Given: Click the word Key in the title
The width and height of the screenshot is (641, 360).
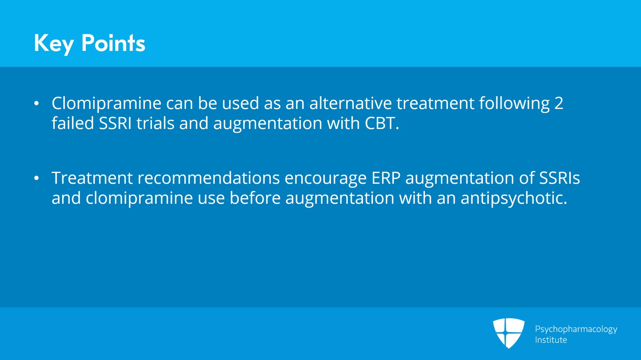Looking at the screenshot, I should click(x=54, y=43).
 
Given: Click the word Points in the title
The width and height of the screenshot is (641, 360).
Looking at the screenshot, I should click(x=113, y=43).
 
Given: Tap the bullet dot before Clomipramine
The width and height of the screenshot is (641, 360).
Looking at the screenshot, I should click(x=36, y=104).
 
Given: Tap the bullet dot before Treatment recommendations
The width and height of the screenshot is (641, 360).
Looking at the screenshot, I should click(x=36, y=179).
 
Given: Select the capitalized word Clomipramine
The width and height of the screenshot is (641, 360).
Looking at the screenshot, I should click(x=106, y=104).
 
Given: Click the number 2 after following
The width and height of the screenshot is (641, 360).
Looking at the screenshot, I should click(x=559, y=103).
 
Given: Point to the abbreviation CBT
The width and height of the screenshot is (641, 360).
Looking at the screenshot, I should click(x=381, y=123).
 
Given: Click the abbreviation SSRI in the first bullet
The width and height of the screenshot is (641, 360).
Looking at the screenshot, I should click(x=115, y=123).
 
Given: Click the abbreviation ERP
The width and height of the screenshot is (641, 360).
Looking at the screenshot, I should click(x=386, y=178).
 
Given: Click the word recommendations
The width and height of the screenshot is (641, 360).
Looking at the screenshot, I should click(x=208, y=178).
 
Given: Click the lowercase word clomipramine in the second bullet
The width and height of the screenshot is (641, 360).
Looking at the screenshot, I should click(x=139, y=199).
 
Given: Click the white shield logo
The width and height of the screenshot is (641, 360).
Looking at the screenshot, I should click(x=508, y=333).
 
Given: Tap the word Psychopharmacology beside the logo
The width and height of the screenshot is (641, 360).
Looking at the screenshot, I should click(x=576, y=329).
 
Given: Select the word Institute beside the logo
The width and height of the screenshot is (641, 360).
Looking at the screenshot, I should click(x=551, y=340).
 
